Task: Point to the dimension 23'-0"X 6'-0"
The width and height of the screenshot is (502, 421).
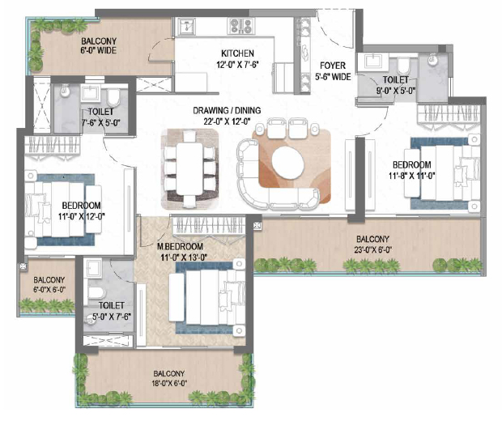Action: (372, 250)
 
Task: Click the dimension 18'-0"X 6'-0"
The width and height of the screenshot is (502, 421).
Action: (170, 383)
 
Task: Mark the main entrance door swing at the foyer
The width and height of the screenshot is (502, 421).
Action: (333, 32)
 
